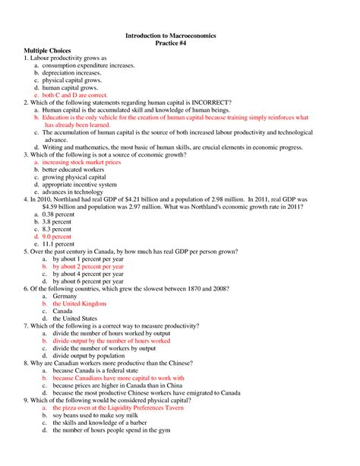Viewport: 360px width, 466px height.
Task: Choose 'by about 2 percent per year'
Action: pyautogui.click(x=88, y=266)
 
